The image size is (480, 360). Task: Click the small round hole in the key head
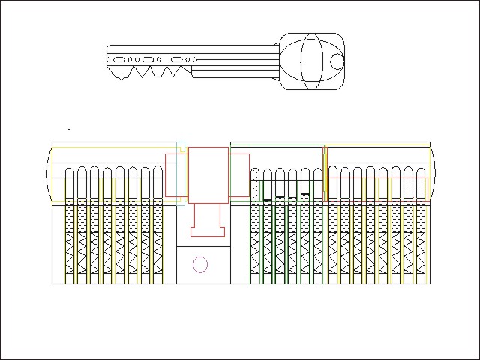point(337,61)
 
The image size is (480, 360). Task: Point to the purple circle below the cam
point(199,264)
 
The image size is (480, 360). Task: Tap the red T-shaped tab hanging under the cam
point(208,220)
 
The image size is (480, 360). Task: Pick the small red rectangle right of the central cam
point(239,175)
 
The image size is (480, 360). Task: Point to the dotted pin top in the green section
point(256,184)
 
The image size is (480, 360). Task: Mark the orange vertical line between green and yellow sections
point(324,173)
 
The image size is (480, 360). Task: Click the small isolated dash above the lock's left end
point(70,130)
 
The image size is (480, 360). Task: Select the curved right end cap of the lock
point(433,174)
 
